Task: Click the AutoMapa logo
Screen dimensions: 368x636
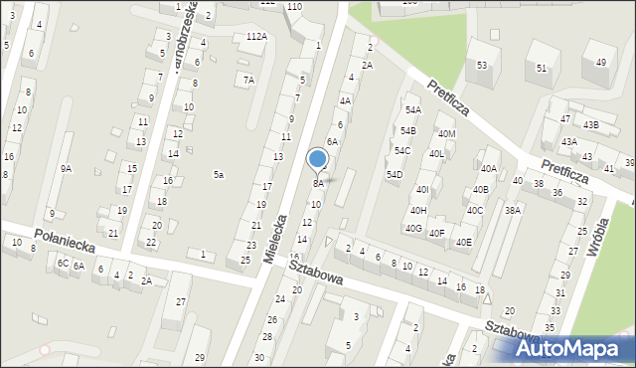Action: tap(570, 349)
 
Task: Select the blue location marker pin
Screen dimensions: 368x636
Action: tap(318, 160)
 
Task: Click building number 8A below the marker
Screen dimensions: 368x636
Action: tap(318, 183)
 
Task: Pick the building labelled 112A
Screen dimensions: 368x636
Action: tap(256, 37)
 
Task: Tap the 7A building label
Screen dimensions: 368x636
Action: tap(249, 80)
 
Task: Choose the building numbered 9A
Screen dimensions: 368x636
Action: tap(66, 169)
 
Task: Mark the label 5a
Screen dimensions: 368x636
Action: tap(218, 175)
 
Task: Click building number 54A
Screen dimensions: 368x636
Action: tap(412, 110)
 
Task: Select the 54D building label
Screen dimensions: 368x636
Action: tap(395, 175)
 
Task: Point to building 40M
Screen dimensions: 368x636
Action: tap(446, 134)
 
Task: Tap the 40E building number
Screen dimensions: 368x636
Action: tap(464, 242)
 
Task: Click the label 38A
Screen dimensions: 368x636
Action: tap(513, 211)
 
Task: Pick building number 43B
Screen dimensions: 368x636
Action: tap(591, 125)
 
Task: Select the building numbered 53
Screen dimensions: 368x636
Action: tap(482, 66)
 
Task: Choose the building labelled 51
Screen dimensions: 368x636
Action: tap(542, 68)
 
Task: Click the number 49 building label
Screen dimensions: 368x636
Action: tap(601, 62)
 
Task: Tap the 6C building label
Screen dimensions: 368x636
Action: tap(62, 263)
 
